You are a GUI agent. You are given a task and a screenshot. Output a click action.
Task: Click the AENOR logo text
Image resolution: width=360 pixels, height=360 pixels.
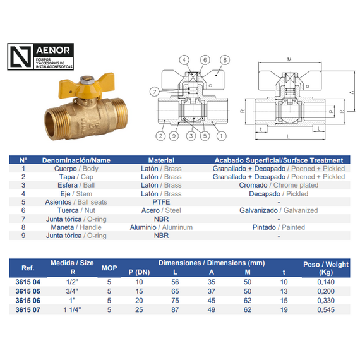pyautogui.click(x=56, y=50)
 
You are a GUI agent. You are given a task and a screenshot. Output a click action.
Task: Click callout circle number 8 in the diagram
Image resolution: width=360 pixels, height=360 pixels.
pyautogui.click(x=224, y=60)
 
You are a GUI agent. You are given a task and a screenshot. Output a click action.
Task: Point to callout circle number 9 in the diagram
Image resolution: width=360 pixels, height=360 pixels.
pyautogui.click(x=173, y=136)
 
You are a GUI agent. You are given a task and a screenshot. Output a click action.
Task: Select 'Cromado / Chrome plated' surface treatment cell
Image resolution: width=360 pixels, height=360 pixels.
pyautogui.click(x=279, y=185)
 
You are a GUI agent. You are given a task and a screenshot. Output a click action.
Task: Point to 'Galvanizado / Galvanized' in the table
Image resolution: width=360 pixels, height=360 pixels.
pyautogui.click(x=279, y=210)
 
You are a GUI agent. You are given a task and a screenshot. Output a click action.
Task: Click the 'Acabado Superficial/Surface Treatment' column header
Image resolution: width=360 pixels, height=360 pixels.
pyautogui.click(x=279, y=160)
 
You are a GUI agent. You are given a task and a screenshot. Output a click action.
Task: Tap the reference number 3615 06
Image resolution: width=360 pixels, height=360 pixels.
pyautogui.click(x=27, y=301)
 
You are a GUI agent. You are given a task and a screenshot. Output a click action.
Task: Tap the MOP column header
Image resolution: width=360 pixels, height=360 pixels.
pyautogui.click(x=109, y=267)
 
